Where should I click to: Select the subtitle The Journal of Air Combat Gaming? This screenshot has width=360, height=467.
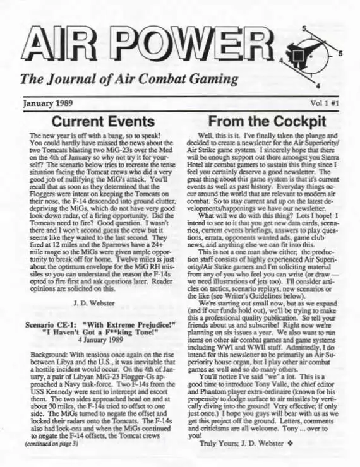point(129,80)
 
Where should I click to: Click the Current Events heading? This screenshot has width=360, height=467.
point(104,121)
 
